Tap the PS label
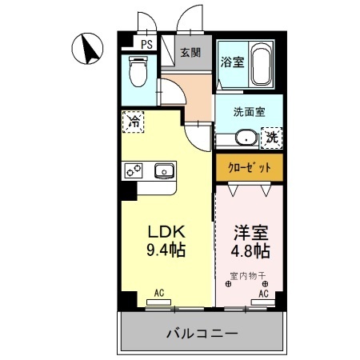[x=146, y=46]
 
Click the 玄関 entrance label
[x=190, y=54]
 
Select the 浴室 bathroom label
[x=233, y=61]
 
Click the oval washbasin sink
[x=245, y=138]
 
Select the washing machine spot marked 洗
[x=272, y=137]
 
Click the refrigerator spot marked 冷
[x=134, y=123]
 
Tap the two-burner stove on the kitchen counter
[x=133, y=170]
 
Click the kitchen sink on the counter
[x=165, y=170]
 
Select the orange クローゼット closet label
[x=249, y=167]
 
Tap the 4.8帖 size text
[x=248, y=250]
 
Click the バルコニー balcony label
[x=202, y=333]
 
